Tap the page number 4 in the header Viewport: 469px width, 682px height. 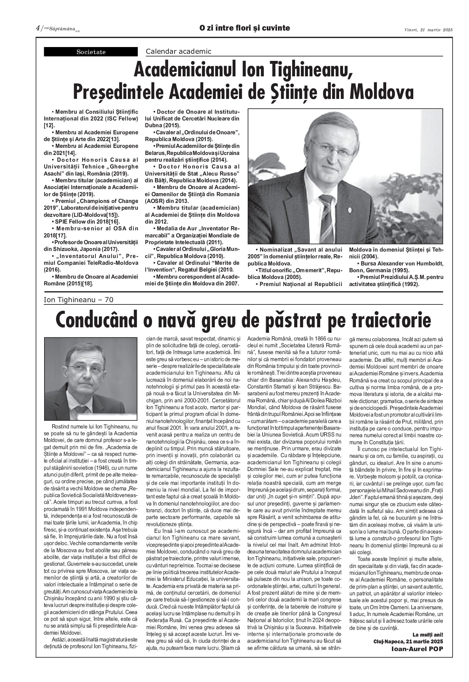[38, 28]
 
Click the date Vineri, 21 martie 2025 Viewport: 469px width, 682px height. [428, 30]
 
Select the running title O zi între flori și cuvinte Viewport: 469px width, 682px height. [244, 28]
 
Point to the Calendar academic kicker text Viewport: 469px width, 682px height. [178, 51]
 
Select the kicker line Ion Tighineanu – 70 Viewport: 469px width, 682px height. [79, 300]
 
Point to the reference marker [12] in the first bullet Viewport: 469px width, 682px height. [49, 126]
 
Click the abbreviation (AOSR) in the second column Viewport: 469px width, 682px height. [155, 201]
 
